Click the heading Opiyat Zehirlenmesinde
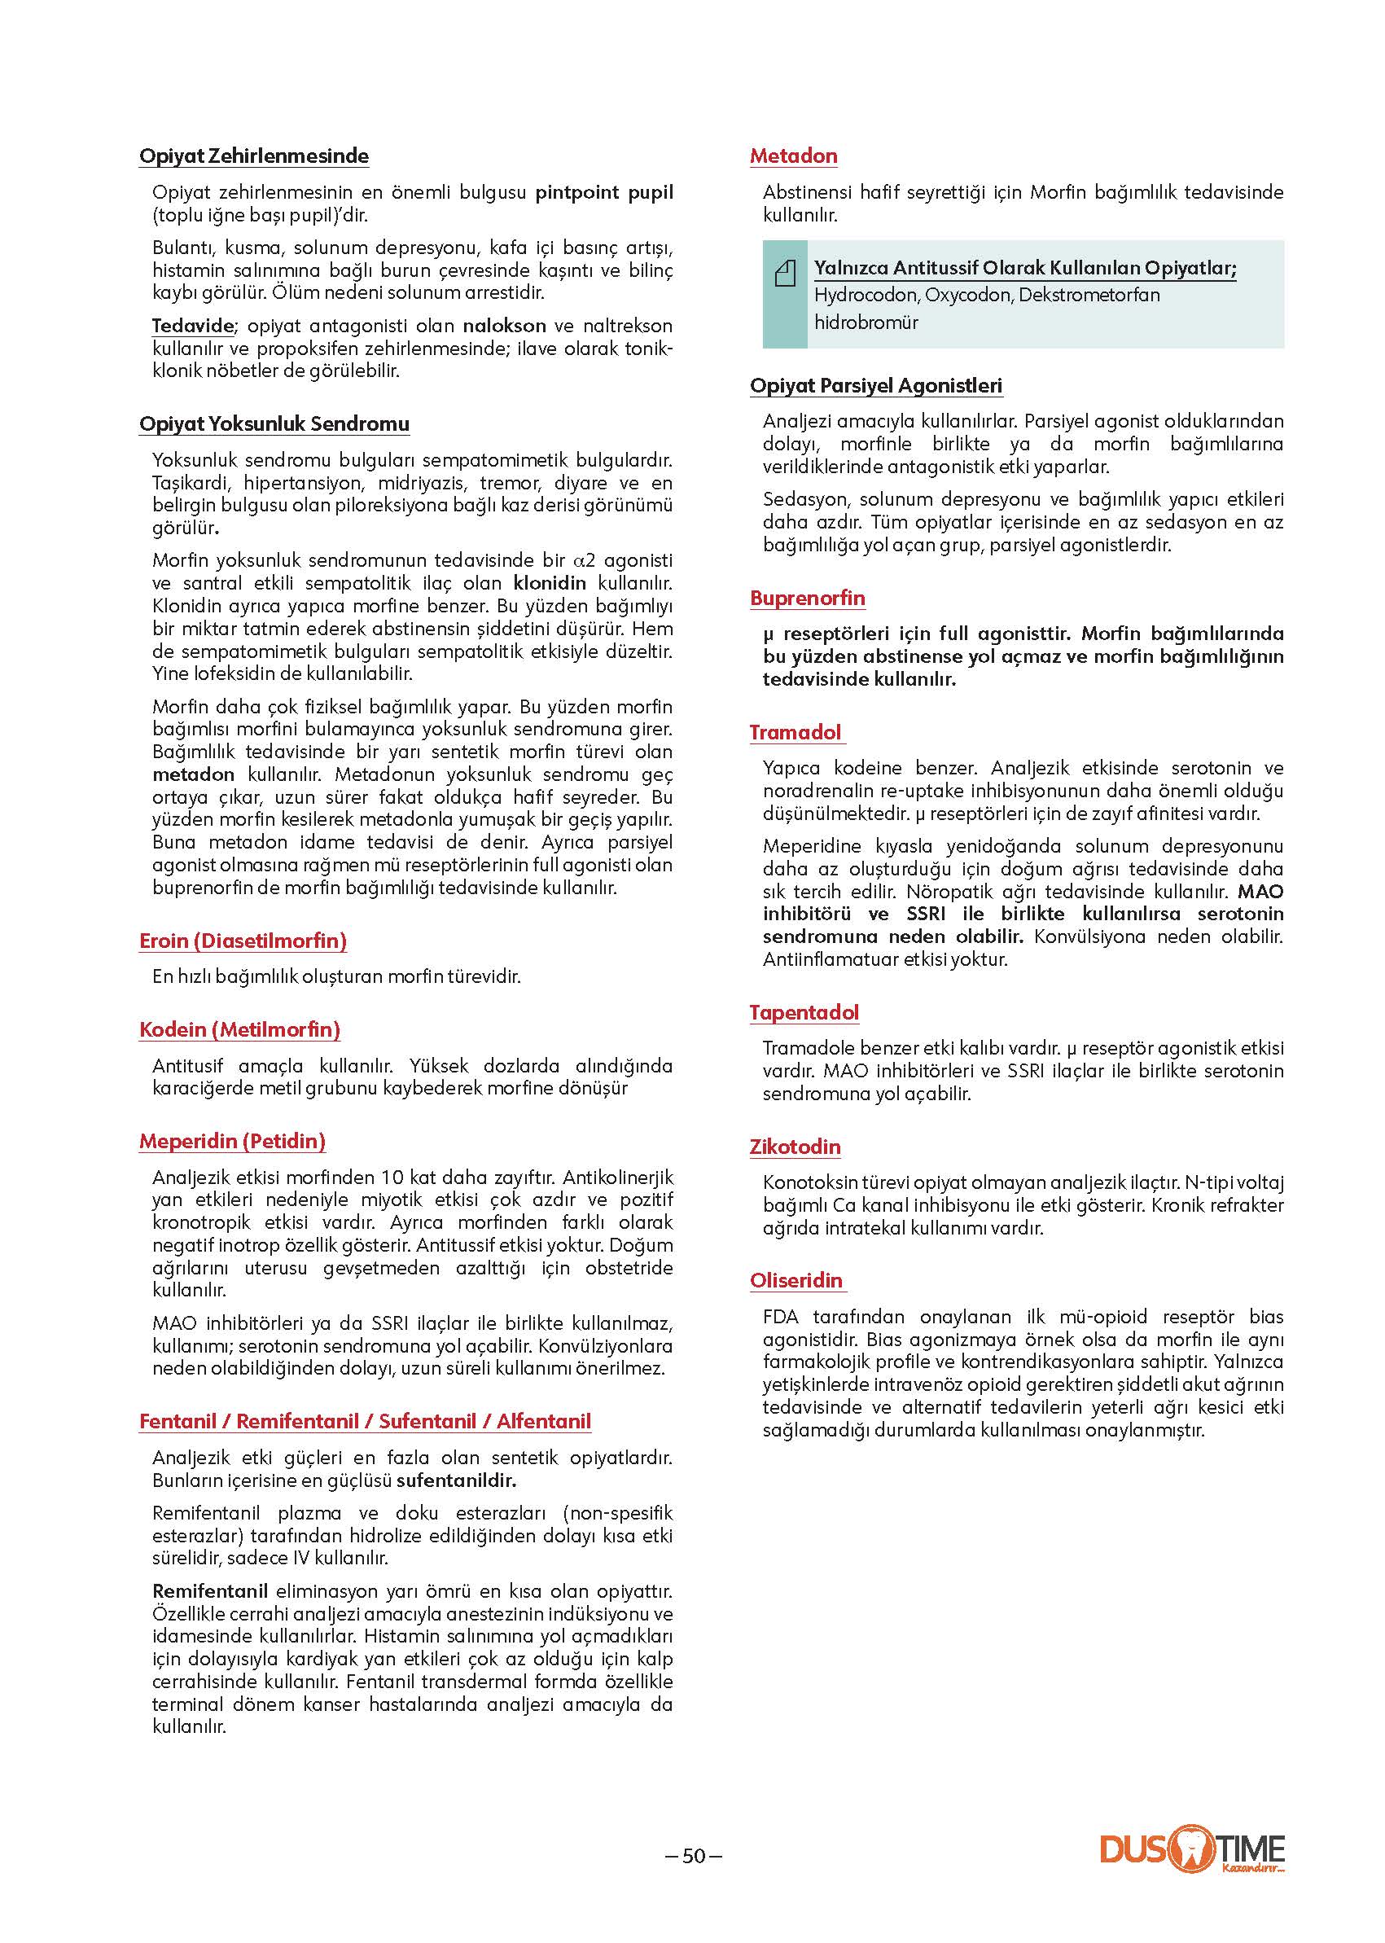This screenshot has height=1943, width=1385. [x=253, y=156]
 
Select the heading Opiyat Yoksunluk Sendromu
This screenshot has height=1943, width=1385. [x=274, y=424]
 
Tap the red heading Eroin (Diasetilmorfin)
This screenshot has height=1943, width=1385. [x=243, y=941]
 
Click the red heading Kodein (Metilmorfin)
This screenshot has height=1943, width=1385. [x=239, y=1029]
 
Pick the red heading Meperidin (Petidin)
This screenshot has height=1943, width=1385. [x=232, y=1141]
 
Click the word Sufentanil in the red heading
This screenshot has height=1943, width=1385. [x=427, y=1421]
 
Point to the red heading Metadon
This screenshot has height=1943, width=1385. [x=793, y=156]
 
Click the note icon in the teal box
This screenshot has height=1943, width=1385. [x=785, y=274]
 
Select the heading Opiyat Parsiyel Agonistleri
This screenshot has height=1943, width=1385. [x=876, y=385]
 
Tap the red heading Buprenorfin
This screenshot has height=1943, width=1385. [x=807, y=598]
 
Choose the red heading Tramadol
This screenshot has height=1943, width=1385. [x=795, y=732]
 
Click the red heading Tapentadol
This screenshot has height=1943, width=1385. [x=804, y=1012]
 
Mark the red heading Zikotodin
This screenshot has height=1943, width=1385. [x=795, y=1147]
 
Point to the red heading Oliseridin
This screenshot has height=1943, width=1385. [x=795, y=1280]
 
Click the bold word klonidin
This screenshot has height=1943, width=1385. [x=550, y=583]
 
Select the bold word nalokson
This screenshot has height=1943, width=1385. [x=504, y=326]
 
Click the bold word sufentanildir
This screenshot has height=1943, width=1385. [x=456, y=1480]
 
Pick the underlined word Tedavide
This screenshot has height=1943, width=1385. [x=193, y=326]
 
